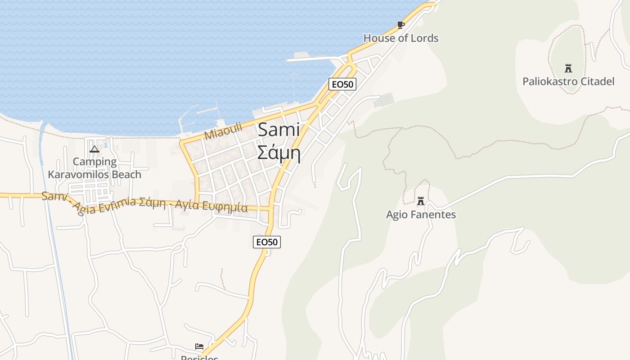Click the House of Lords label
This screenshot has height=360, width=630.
click(400, 38)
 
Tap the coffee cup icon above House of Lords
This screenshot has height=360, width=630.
click(400, 25)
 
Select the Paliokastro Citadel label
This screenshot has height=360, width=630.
click(568, 81)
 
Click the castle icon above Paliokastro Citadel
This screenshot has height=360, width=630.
click(568, 68)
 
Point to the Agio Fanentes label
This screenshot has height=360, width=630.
click(421, 215)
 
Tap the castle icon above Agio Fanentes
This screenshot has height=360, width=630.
click(421, 201)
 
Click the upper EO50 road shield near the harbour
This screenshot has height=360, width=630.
click(342, 84)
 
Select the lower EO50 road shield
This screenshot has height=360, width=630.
click(267, 242)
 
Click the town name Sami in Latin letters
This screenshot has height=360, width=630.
click(279, 130)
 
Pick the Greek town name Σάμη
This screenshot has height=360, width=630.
click(279, 153)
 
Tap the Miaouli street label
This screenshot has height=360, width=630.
click(223, 131)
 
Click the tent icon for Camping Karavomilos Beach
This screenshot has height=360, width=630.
click(94, 149)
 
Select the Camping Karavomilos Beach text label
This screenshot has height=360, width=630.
click(94, 168)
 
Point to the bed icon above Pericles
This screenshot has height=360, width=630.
click(199, 346)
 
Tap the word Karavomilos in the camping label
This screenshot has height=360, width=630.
click(94, 175)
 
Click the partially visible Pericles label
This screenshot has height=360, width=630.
click(199, 357)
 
